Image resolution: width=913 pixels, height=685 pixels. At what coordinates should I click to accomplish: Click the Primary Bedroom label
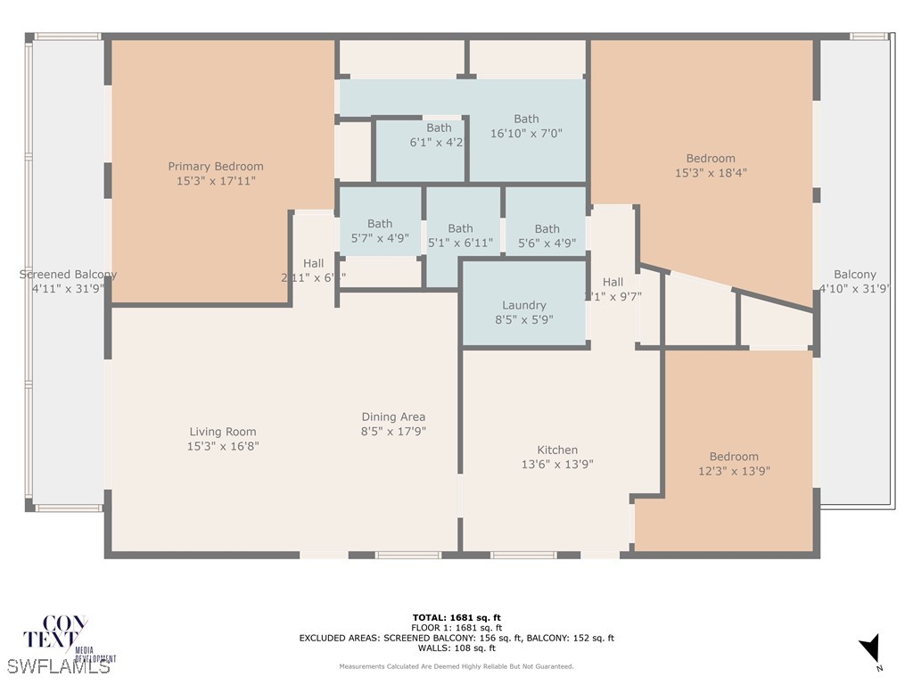(x=216, y=166)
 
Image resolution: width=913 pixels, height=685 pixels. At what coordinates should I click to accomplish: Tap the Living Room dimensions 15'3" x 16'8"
(x=223, y=446)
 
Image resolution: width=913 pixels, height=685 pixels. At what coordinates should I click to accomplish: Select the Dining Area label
(x=393, y=417)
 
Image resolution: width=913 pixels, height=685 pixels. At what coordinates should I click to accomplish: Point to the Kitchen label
(x=557, y=450)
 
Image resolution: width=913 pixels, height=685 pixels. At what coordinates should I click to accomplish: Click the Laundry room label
(x=523, y=305)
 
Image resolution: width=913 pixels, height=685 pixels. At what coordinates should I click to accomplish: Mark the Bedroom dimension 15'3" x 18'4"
(x=711, y=173)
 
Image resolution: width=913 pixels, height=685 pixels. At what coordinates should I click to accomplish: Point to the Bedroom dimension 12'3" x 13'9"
(x=734, y=470)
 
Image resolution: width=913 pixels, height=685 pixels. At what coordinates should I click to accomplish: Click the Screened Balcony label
(x=68, y=275)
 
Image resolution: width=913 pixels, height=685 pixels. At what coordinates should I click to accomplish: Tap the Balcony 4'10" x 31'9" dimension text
(x=854, y=288)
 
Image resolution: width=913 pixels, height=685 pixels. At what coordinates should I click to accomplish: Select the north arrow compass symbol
(x=870, y=650)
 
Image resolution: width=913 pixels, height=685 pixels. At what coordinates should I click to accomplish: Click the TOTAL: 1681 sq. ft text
(x=456, y=617)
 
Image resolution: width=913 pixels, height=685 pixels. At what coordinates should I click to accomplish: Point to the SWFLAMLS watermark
(x=59, y=665)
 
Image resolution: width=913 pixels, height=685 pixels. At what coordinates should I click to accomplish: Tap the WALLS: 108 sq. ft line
(x=456, y=648)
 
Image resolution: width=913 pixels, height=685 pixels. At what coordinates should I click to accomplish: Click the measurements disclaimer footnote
(x=456, y=666)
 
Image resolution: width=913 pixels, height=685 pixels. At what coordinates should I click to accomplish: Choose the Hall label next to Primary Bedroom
(x=313, y=263)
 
